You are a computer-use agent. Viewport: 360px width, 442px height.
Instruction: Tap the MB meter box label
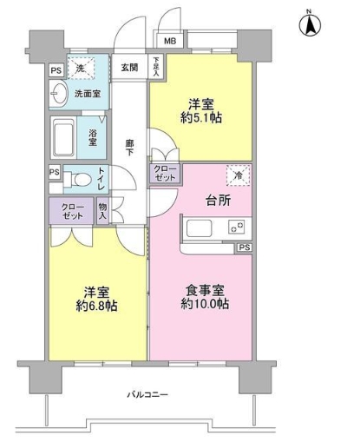(x=170, y=40)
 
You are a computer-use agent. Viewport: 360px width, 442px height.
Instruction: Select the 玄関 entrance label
(x=129, y=67)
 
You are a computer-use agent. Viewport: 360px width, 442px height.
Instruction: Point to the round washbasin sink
(x=60, y=94)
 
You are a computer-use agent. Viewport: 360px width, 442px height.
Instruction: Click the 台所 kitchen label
(x=206, y=201)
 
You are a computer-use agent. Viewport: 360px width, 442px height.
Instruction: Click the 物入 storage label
(x=103, y=211)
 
